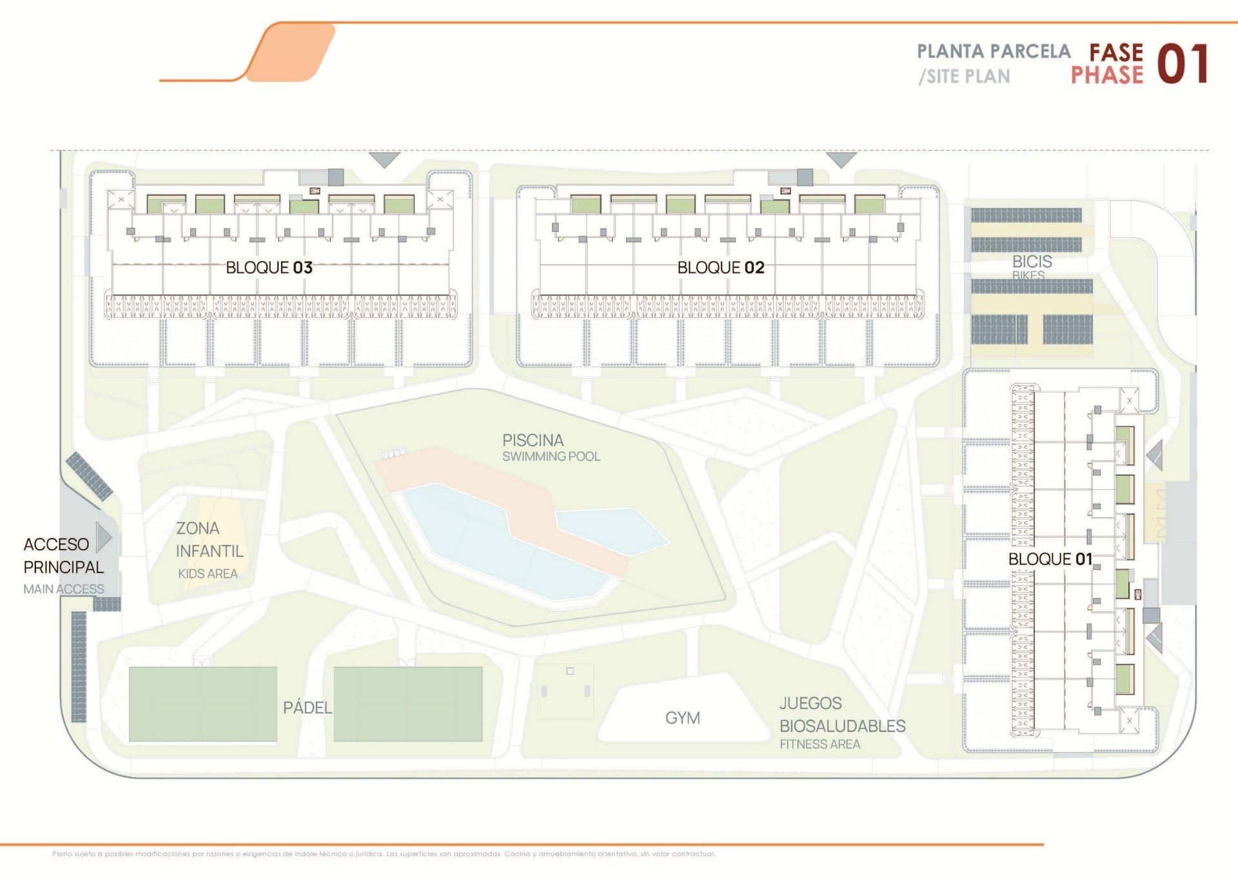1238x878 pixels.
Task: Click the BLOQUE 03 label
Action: tap(269, 268)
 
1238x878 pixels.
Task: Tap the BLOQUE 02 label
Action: tap(720, 268)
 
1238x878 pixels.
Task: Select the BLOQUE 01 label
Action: tap(1050, 559)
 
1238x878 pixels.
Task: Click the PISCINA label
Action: tap(533, 440)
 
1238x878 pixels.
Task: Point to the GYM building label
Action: tap(682, 717)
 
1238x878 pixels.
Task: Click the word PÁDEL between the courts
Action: tap(308, 708)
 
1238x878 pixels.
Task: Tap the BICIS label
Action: tap(1032, 262)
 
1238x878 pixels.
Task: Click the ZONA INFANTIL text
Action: tap(209, 540)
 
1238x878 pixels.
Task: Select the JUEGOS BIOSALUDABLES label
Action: tap(841, 715)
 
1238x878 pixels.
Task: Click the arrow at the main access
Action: tap(104, 537)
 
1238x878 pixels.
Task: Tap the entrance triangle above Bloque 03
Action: tap(384, 159)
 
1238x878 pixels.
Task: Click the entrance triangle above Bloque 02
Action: tap(841, 159)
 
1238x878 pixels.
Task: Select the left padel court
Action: tap(202, 704)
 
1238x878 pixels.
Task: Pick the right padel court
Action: tap(408, 704)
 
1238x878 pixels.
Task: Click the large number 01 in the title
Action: tap(1182, 64)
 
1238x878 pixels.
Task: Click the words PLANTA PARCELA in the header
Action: tap(993, 52)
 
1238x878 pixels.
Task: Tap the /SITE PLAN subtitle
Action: tap(964, 77)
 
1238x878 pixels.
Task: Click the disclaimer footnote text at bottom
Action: tap(384, 854)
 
